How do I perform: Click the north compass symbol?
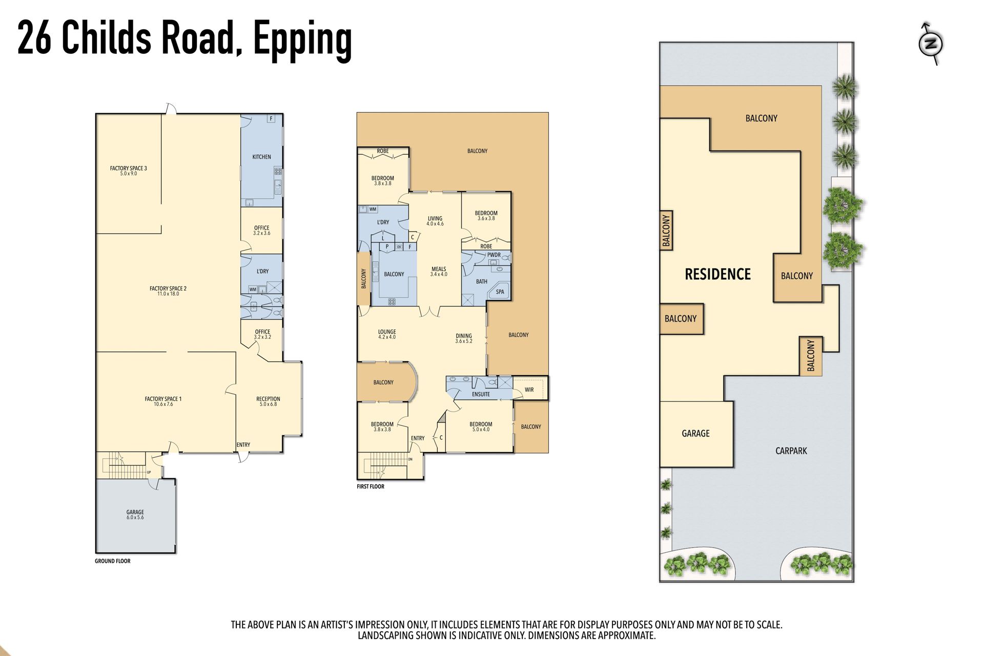931,44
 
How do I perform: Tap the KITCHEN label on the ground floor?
261,157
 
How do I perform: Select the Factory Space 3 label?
128,168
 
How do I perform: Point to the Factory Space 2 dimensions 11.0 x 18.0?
168,294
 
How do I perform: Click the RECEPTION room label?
268,399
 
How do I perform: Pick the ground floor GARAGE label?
135,512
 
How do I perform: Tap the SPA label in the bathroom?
500,292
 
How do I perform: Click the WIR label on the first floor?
529,390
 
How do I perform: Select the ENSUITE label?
481,394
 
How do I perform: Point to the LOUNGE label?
387,332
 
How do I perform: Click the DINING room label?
464,336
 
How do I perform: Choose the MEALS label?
439,269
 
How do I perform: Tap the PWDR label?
494,255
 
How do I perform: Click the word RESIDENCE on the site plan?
717,274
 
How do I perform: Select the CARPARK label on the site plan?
791,451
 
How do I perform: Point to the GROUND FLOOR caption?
113,561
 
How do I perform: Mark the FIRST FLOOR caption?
371,486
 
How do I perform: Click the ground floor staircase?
123,464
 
